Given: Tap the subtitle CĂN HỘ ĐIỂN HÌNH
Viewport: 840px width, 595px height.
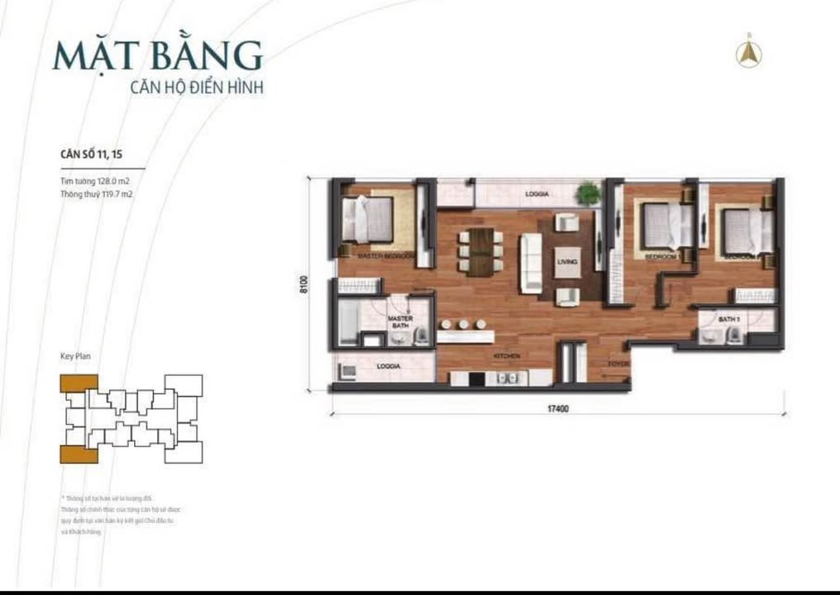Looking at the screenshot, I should [x=198, y=86].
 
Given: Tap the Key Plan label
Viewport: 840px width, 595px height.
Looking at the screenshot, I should [x=75, y=356].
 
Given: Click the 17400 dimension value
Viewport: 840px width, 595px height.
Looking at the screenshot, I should [x=560, y=407].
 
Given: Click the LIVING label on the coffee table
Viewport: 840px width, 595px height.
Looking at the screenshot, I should [x=567, y=262].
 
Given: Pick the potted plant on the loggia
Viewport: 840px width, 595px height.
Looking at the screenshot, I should [x=589, y=193].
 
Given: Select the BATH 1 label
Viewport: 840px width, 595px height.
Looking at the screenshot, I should [x=728, y=319].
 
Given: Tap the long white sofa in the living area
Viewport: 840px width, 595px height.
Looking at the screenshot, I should [x=531, y=263].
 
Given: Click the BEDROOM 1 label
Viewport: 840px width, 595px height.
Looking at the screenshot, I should [x=661, y=257].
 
